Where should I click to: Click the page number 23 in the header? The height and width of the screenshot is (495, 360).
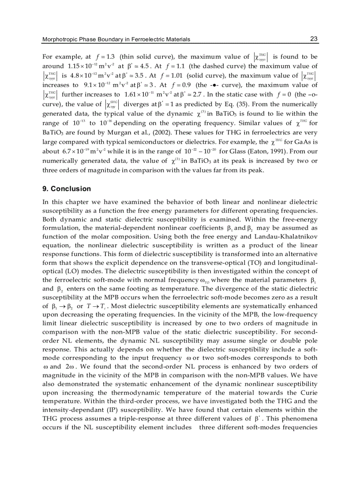coord(314,39)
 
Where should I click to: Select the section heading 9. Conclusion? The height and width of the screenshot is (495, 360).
coord(66,189)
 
